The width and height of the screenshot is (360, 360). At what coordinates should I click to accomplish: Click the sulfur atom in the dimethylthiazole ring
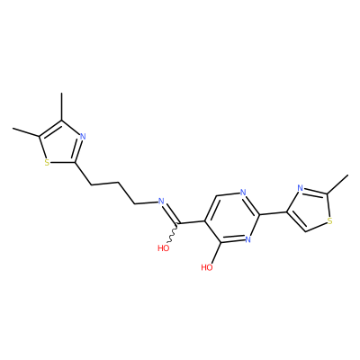coord(47,163)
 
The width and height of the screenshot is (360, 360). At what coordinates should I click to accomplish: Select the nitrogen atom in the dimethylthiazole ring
coord(84,137)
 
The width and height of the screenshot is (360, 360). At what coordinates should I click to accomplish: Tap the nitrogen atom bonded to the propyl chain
coord(160,202)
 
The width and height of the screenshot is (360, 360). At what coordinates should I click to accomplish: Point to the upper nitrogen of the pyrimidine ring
coord(243,193)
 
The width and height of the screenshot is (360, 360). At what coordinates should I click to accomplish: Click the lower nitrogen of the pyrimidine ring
coord(247,239)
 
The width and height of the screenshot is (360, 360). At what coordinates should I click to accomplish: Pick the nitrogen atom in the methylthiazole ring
coord(300,188)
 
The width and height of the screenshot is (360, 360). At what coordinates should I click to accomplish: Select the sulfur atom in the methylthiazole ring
coord(330,221)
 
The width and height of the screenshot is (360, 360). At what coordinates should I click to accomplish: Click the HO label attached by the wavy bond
coord(164,247)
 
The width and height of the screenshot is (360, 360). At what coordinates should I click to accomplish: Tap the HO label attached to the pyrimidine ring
coord(207,267)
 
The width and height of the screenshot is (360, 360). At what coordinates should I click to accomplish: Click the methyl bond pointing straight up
coord(62,107)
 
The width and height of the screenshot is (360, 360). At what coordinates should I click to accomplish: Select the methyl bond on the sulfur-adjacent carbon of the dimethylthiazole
coord(25,132)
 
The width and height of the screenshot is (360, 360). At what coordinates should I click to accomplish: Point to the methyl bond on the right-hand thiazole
coord(337,184)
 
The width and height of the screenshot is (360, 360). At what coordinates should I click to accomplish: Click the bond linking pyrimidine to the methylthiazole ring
coord(273,213)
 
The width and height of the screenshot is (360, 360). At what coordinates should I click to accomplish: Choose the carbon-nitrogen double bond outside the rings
coord(171,214)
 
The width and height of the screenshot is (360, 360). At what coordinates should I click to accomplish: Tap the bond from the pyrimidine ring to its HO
coord(216,253)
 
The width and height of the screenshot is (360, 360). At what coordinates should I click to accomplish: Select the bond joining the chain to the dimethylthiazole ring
coord(82,174)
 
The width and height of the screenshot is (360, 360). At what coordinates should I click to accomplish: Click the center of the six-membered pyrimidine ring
coord(232,218)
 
